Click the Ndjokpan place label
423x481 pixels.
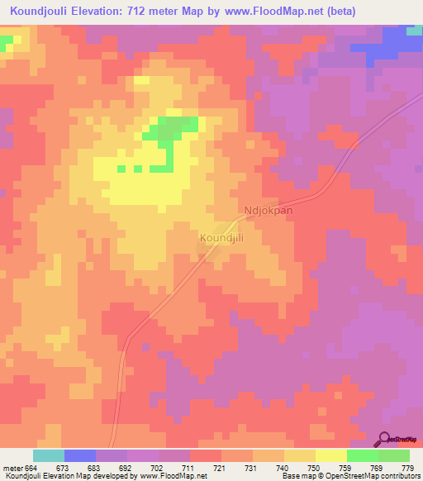tap(269, 211)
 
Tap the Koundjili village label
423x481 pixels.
tap(221, 238)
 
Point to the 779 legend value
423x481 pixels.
tap(408, 468)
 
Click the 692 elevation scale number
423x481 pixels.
tap(126, 468)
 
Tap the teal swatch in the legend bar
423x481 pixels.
tap(48, 455)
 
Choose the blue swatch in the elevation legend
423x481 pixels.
tap(79, 455)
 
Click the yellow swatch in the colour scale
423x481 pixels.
tap(330, 455)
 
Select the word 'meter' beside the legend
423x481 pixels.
tap(12, 468)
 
